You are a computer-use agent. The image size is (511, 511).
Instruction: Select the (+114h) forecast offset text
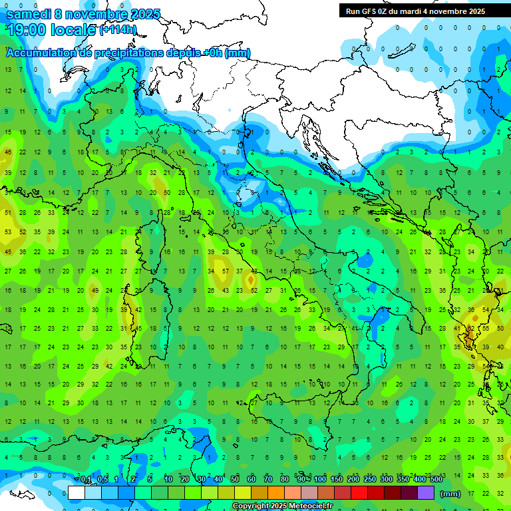tap(117, 29)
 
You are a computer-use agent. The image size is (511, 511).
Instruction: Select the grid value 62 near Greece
tap(471, 328)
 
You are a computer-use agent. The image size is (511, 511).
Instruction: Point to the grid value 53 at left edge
tap(8, 232)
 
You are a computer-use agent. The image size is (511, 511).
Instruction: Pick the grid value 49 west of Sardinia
tap(94, 291)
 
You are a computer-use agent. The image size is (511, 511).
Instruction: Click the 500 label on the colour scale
tap(436, 479)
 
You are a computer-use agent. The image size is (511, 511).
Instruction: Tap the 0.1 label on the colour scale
tap(86, 479)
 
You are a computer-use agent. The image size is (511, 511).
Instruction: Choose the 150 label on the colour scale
tap(337, 479)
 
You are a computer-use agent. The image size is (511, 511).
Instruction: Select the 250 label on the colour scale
tap(369, 479)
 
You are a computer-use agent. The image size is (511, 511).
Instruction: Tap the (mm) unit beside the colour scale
tap(450, 494)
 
